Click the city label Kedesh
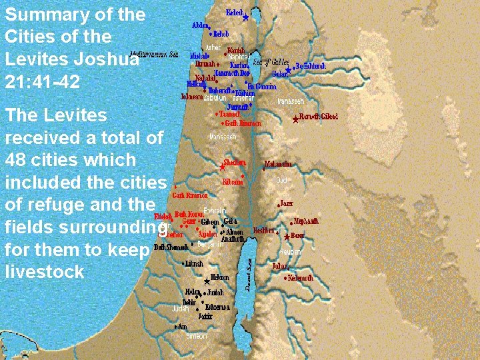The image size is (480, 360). click(235, 12)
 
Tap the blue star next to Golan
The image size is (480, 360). click(288, 70)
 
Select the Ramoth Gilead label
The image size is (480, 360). click(319, 117)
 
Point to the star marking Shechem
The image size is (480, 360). click(223, 164)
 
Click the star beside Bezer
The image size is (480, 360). click(287, 237)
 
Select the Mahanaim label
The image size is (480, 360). click(278, 163)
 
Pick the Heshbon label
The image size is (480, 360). click(265, 231)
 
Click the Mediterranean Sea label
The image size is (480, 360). click(155, 54)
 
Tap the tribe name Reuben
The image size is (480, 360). click(290, 252)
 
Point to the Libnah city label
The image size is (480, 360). click(195, 264)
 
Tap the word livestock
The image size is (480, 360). click(44, 271)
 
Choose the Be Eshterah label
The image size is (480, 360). click(311, 65)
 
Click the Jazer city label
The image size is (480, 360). click(286, 203)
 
